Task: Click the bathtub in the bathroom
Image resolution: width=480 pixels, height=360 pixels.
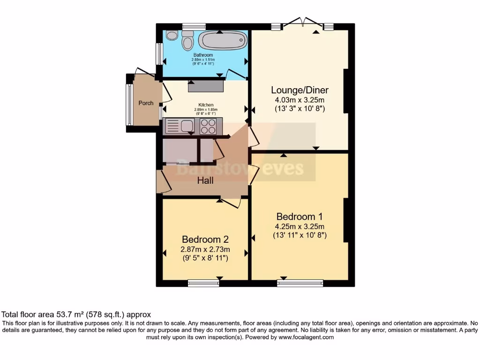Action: pyautogui.click(x=222, y=40)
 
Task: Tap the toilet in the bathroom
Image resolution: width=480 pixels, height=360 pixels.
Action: pyautogui.click(x=187, y=41)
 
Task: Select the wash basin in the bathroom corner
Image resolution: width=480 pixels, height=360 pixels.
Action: pyautogui.click(x=172, y=35)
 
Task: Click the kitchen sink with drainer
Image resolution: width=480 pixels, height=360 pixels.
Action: pyautogui.click(x=180, y=126)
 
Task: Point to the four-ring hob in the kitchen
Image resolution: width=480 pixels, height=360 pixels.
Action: pyautogui.click(x=209, y=126)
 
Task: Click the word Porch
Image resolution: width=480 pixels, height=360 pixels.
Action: pyautogui.click(x=146, y=103)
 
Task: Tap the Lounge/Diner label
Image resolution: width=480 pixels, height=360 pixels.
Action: pyautogui.click(x=300, y=90)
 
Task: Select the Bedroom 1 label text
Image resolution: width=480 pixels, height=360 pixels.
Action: pyautogui.click(x=300, y=217)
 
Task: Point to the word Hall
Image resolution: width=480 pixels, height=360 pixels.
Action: pyautogui.click(x=206, y=180)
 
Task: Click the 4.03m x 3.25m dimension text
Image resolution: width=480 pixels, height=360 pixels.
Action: pyautogui.click(x=300, y=100)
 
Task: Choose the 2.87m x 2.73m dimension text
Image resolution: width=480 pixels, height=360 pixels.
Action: pyautogui.click(x=206, y=249)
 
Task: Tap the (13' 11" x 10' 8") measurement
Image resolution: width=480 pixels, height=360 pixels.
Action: pyautogui.click(x=300, y=236)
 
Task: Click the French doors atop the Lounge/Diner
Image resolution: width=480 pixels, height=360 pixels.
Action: pyautogui.click(x=303, y=23)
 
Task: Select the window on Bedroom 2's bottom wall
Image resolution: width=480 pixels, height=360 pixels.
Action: pyautogui.click(x=203, y=283)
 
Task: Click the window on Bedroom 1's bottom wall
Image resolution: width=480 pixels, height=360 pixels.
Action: pyautogui.click(x=300, y=283)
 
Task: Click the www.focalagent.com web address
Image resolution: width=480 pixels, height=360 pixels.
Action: pyautogui.click(x=306, y=337)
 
